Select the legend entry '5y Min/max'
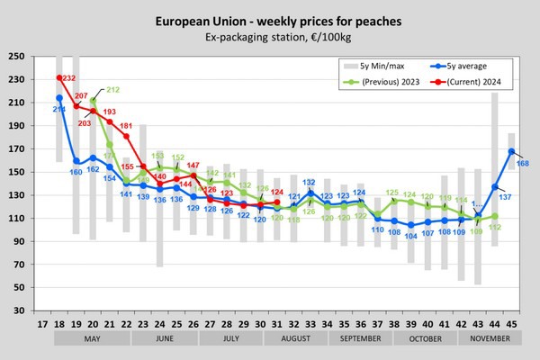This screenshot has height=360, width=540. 379,66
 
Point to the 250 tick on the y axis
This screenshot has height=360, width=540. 16,56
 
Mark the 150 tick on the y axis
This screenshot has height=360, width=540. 16,171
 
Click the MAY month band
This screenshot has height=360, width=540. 93,339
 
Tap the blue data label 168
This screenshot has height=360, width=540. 523,162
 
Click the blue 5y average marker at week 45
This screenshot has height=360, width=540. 511,151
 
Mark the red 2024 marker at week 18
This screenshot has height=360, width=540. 59,77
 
